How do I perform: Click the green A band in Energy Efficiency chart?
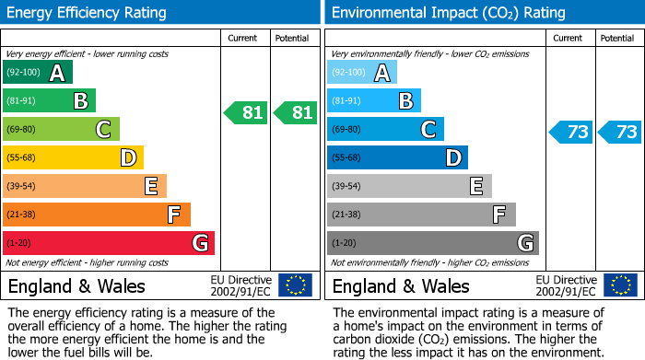pyautogui.click(x=37, y=73)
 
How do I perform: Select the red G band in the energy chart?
pyautogui.click(x=108, y=243)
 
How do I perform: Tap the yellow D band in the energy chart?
pyautogui.click(x=73, y=157)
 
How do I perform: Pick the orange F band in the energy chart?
pyautogui.click(x=97, y=215)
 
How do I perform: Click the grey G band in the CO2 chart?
pyautogui.click(x=432, y=243)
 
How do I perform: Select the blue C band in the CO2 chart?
pyautogui.click(x=385, y=129)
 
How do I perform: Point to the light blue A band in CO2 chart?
pyautogui.click(x=362, y=73)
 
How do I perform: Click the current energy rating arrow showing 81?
pyautogui.click(x=246, y=113)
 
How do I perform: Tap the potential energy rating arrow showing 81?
pyautogui.click(x=296, y=113)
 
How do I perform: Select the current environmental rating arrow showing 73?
pyautogui.click(x=570, y=132)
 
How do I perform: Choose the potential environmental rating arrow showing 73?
pyautogui.click(x=620, y=132)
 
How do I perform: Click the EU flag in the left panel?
pyautogui.click(x=295, y=285)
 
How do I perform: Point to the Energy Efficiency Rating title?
pyautogui.click(x=88, y=13)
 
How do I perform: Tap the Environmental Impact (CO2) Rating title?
pyautogui.click(x=448, y=13)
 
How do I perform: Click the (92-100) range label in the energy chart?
pyautogui.click(x=23, y=73)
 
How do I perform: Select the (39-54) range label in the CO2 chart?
pyautogui.click(x=347, y=186)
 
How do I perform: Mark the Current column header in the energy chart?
pyautogui.click(x=244, y=38)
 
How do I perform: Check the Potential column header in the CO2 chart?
pyautogui.click(x=617, y=38)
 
